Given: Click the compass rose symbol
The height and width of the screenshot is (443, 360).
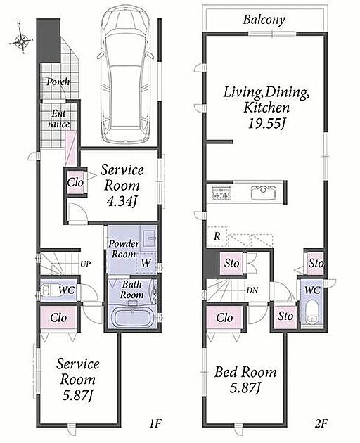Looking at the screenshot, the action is tap(22, 41).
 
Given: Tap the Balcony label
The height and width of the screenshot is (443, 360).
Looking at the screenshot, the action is tap(264, 20).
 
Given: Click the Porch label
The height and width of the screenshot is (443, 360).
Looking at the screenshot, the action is tap(58, 82).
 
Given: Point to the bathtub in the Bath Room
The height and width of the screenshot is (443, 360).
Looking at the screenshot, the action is tap(133, 316).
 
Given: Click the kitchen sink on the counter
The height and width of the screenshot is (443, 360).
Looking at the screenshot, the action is tap(264, 193).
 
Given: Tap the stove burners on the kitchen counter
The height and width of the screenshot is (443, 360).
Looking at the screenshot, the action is tap(221, 193).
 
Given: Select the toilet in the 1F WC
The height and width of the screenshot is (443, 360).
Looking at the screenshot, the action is tap(50, 290).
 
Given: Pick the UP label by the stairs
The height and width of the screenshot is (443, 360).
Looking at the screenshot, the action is tap(86, 264).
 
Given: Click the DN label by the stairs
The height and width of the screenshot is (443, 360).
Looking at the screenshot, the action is tap(252, 290).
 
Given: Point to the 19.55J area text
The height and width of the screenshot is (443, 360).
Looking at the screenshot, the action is tap(266, 123).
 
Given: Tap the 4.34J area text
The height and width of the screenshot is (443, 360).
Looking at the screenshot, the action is tap(122, 201).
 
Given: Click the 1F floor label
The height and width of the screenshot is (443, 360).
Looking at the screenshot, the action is tap(155, 423).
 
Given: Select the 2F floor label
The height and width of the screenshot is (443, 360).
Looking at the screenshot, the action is tap(321, 423).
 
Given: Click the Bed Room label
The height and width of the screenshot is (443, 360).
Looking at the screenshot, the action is tap(245, 372).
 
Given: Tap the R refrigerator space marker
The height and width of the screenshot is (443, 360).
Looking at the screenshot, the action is tap(217, 236).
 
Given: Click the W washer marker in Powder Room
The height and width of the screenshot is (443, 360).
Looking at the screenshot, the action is tap(146, 263).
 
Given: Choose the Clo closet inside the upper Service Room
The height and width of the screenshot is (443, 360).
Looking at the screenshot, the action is tap(75, 182).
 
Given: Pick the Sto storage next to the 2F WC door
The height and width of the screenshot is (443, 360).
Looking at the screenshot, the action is tap(285, 316).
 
